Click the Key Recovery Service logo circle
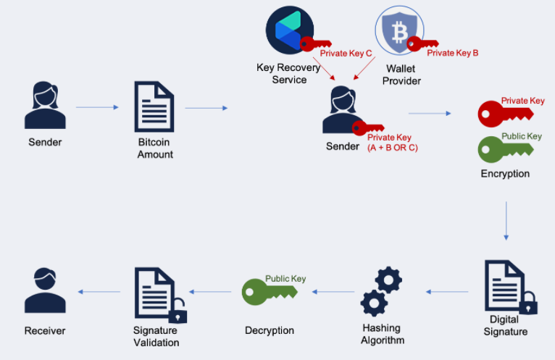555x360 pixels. (x=290, y=29)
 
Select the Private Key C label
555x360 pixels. (x=346, y=53)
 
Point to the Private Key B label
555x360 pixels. (x=453, y=53)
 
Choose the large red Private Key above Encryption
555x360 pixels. (x=505, y=112)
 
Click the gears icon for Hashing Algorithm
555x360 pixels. (x=381, y=291)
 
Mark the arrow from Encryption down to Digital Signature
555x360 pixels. (x=506, y=220)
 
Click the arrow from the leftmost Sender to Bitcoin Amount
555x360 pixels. (x=97, y=108)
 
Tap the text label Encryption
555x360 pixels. (x=505, y=174)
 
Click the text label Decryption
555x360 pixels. (x=270, y=330)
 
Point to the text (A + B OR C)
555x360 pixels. (x=393, y=148)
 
